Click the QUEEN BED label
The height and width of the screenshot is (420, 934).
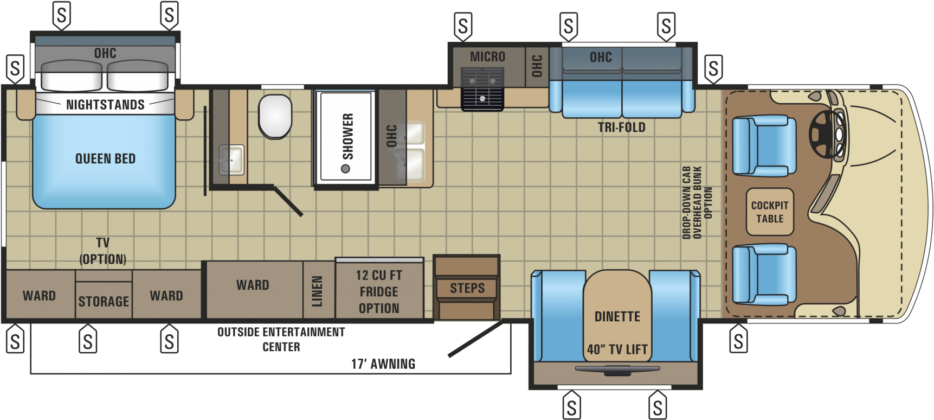point(105,158)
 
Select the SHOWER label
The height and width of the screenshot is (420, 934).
point(347,136)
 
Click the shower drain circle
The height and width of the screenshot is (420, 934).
point(345,169)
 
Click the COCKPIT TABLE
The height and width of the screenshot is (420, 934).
point(770,212)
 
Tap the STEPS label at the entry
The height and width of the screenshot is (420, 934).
point(467,288)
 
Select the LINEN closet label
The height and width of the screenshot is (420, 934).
point(318,291)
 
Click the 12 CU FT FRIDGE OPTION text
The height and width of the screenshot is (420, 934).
point(379,291)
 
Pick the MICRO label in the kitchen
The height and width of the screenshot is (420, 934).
point(487,56)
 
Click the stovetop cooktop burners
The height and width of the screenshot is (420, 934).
point(482,88)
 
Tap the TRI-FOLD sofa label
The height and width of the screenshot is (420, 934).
point(621,128)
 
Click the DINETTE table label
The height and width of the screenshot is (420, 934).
point(617,316)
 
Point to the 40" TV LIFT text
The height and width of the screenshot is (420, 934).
point(617,349)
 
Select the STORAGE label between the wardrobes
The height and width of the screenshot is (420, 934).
point(104,301)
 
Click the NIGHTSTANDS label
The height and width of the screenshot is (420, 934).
point(105,105)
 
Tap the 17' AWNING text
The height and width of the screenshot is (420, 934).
point(383,364)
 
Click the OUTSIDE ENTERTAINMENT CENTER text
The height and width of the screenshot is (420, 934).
point(281,339)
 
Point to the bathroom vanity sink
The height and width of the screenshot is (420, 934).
point(232,160)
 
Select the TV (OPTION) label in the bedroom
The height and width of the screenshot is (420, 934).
point(102,251)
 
